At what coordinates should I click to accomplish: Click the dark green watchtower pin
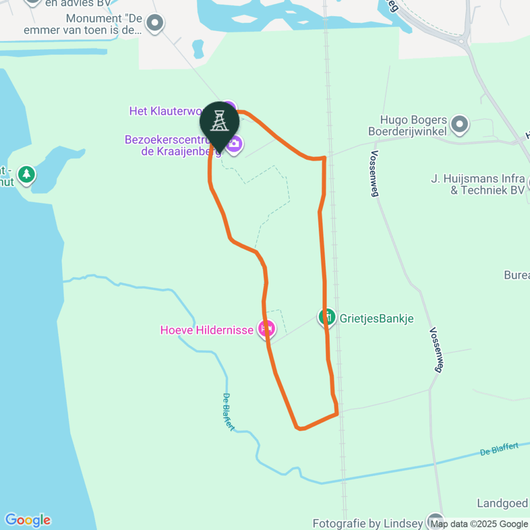219,123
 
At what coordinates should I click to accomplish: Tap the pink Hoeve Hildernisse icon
267,328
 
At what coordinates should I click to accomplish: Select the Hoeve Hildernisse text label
207,330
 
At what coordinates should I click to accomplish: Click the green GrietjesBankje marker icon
327,316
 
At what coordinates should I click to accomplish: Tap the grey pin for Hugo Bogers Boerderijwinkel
459,124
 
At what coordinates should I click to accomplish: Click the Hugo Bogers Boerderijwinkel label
407,126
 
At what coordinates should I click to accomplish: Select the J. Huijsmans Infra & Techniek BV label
478,185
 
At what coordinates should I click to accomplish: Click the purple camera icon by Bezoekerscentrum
234,143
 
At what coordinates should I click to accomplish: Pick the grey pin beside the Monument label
155,22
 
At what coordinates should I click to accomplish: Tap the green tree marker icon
26,175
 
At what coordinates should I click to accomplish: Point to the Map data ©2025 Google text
479,524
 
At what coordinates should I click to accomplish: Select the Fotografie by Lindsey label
367,524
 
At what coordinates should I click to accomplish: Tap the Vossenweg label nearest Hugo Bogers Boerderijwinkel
375,174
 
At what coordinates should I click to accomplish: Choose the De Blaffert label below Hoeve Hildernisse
228,412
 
